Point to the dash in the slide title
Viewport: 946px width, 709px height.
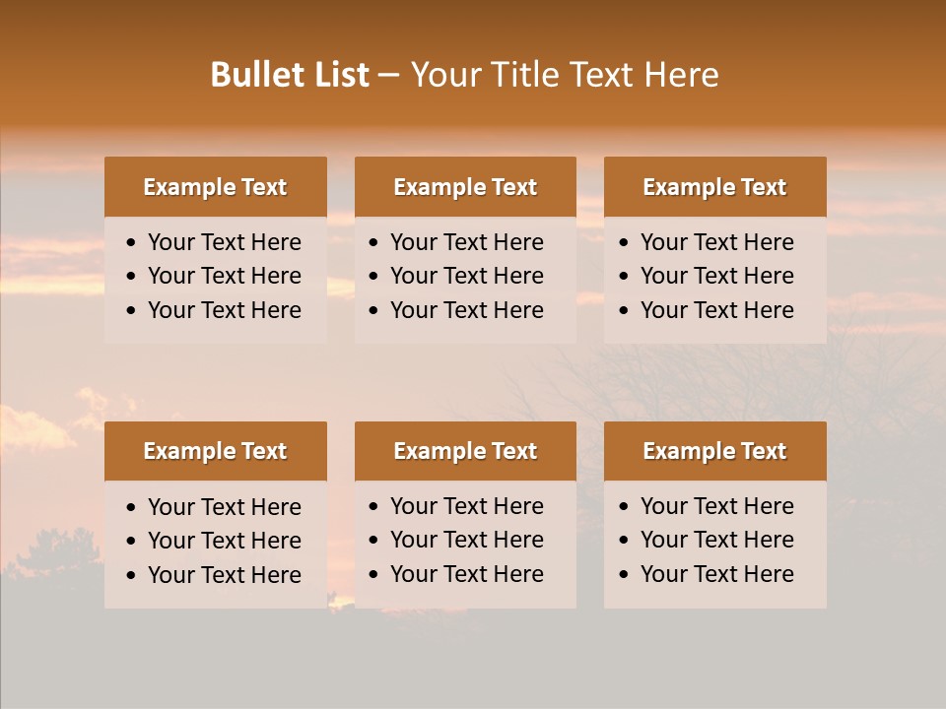click(388, 76)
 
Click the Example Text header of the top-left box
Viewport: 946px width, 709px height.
click(215, 187)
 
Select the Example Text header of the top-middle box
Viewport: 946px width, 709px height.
click(465, 187)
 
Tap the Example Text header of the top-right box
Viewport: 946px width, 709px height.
click(714, 187)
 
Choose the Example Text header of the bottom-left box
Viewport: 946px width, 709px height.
click(215, 451)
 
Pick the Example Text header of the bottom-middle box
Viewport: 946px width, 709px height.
click(465, 451)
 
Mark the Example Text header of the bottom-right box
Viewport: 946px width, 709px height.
click(714, 451)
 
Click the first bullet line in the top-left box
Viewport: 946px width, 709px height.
click(224, 242)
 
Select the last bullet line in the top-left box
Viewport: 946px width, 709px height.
click(224, 310)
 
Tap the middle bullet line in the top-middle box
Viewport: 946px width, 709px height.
click(466, 276)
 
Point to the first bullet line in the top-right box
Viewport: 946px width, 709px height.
click(716, 242)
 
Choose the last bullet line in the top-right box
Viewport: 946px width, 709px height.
click(716, 310)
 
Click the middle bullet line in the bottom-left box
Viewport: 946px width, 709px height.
click(224, 541)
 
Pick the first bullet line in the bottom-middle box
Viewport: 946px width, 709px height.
click(466, 506)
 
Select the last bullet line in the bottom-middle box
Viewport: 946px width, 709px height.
click(466, 574)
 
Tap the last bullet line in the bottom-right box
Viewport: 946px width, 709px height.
click(716, 574)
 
